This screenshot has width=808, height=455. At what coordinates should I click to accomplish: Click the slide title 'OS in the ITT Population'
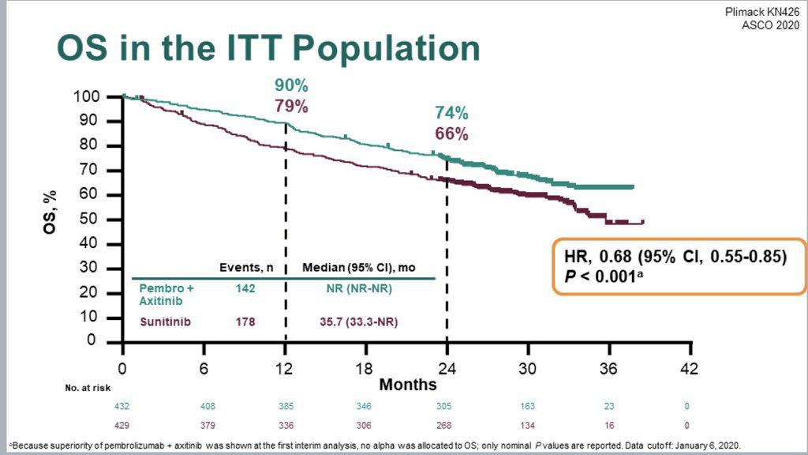point(267,49)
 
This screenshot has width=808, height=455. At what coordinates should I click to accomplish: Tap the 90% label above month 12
point(291,85)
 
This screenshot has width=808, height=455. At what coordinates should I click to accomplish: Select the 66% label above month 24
point(451,133)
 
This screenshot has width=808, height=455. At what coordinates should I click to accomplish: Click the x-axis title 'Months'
point(408,385)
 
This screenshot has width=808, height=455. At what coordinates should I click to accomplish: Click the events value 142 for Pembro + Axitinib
point(245,289)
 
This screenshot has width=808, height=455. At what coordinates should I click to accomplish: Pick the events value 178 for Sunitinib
point(245,322)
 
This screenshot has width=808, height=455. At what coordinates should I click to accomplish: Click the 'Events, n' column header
point(245,267)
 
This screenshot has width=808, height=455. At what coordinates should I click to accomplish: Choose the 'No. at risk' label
point(86,388)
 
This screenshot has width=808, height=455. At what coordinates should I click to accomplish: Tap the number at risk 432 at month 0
point(122,406)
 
